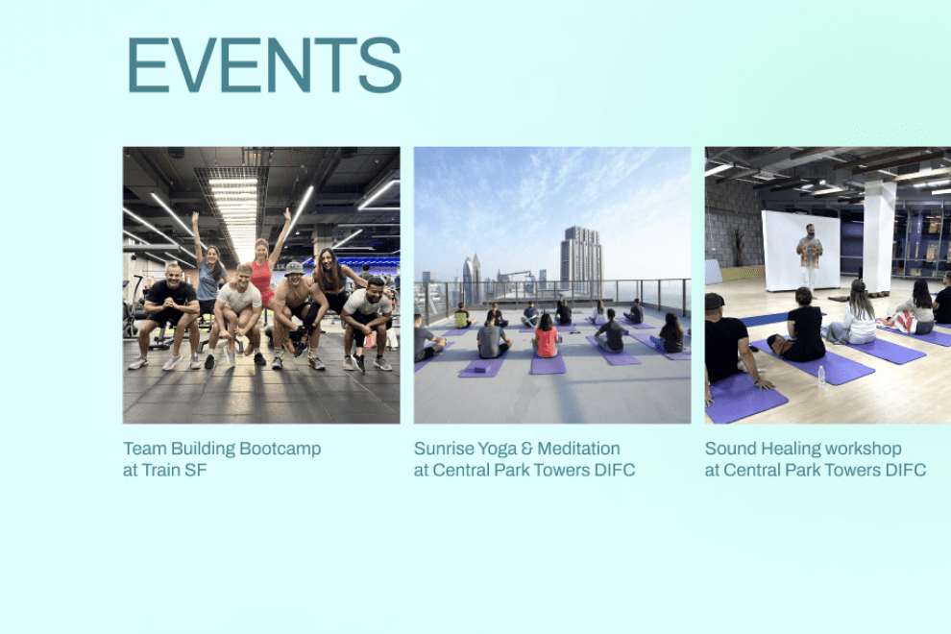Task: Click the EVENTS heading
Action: click(264, 65)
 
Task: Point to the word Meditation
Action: click(578, 449)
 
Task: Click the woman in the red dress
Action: click(263, 273)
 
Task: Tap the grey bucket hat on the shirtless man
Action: click(294, 268)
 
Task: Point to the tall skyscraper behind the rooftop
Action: click(581, 257)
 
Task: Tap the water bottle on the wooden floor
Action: click(821, 376)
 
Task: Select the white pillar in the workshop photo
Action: click(879, 235)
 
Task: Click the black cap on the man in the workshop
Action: click(714, 301)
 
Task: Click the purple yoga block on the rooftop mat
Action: click(480, 368)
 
